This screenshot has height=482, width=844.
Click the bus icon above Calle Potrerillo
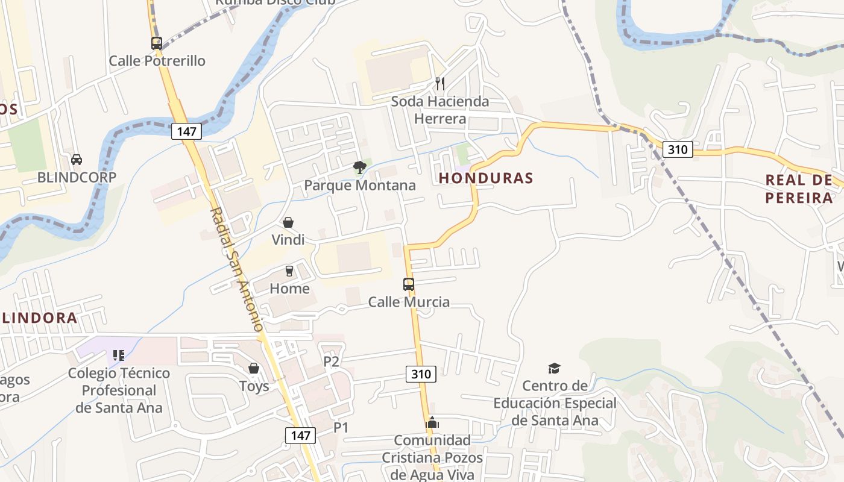157,43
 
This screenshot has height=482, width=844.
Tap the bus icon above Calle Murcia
409,284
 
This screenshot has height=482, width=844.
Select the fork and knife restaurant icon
440,84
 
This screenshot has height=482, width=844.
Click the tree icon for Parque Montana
360,167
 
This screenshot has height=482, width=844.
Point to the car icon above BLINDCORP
77,160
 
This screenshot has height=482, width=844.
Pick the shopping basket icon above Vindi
288,222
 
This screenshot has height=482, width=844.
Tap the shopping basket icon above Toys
254,368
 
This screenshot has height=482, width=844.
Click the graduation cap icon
554,368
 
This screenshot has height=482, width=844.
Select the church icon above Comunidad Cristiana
432,423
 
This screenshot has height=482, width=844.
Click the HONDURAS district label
486,178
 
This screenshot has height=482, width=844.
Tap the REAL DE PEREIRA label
799,189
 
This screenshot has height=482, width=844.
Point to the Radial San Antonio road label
238,269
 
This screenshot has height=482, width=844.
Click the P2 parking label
332,361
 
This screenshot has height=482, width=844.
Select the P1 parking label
341,427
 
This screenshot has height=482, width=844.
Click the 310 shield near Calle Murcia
420,374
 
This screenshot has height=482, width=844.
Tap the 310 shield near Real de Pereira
678,149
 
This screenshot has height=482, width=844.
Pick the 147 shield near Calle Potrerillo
186,131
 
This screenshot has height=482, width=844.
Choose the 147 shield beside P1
300,435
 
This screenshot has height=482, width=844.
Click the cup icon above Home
289,271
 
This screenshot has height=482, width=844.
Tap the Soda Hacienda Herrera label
440,110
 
